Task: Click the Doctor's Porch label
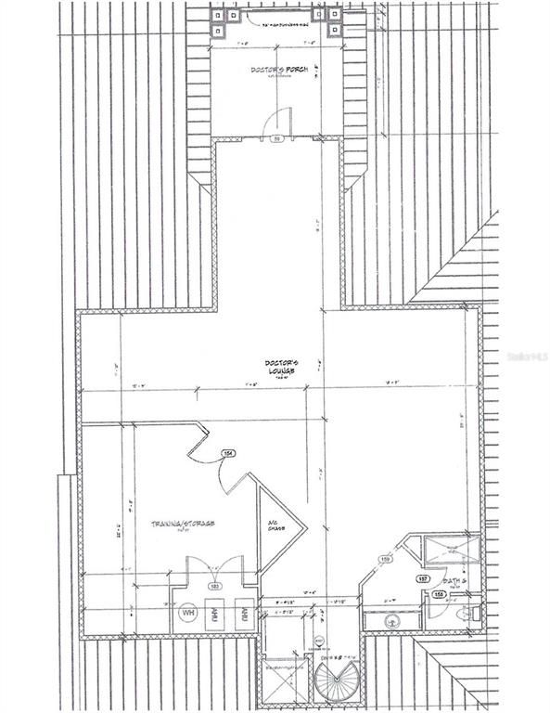[272, 71]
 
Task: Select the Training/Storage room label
[184, 525]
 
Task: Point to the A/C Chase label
[274, 525]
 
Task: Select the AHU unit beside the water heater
[216, 613]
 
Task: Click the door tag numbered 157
[423, 577]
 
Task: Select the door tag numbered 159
[385, 559]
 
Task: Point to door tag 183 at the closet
[214, 587]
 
